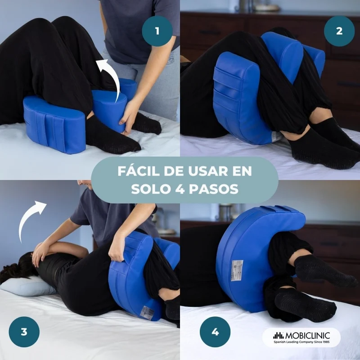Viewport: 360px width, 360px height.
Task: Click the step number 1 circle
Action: click(157, 31)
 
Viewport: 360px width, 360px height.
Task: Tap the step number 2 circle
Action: click(339, 31)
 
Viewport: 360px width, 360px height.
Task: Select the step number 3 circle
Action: click(24, 332)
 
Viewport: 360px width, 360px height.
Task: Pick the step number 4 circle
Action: click(215, 332)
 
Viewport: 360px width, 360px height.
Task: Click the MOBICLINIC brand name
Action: click(307, 336)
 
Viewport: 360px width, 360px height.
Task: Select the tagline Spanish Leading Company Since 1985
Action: click(301, 342)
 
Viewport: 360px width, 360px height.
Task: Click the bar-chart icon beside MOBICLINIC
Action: click(279, 336)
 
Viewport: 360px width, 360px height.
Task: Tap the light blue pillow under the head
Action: click(27, 286)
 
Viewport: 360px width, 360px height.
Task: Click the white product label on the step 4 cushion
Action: click(237, 270)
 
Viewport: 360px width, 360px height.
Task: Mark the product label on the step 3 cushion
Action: click(147, 312)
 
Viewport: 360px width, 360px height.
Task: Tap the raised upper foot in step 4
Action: click(324, 271)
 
